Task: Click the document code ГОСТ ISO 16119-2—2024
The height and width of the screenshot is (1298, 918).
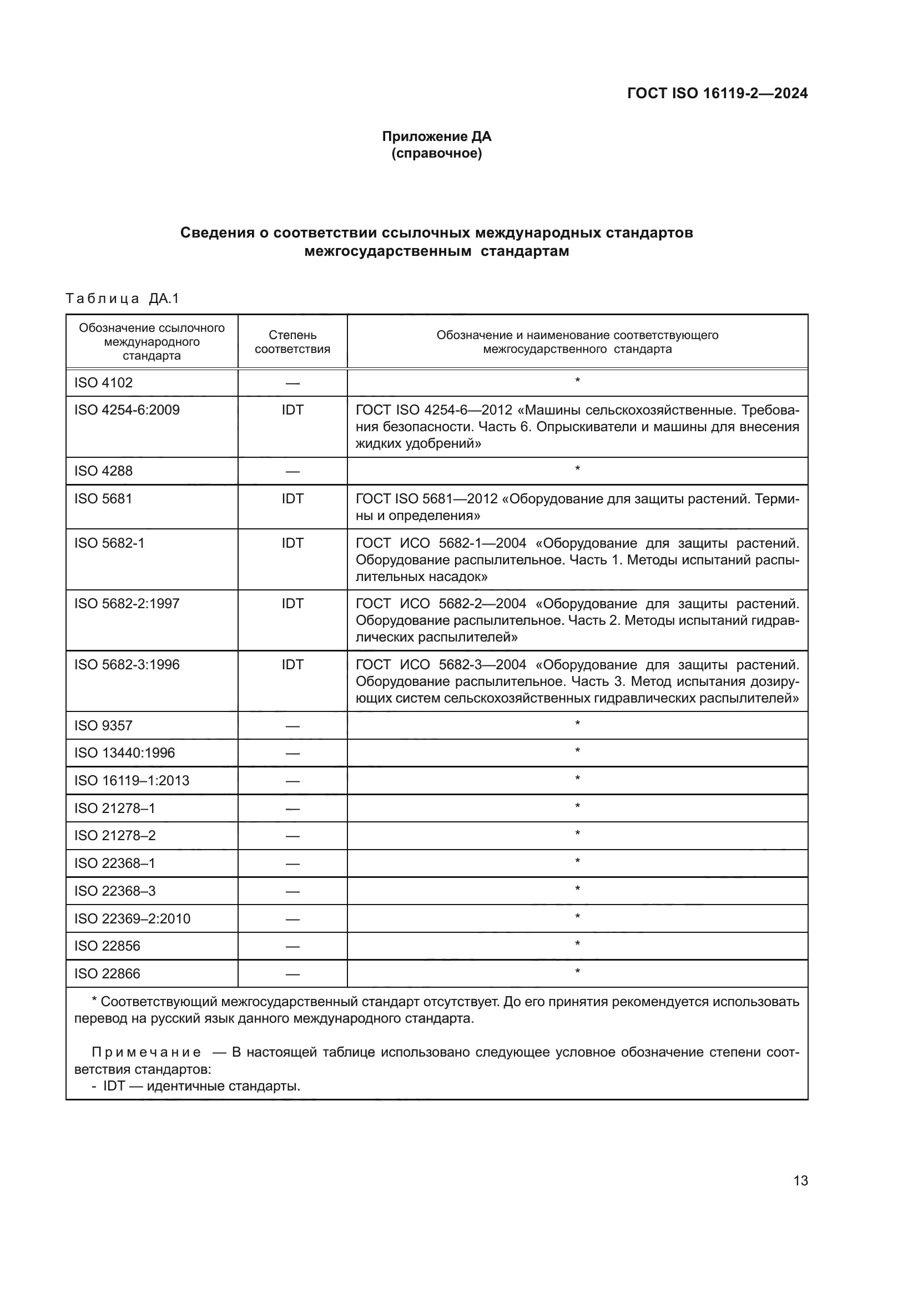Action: pyautogui.click(x=717, y=93)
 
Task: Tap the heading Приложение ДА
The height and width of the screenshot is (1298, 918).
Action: pyautogui.click(x=436, y=137)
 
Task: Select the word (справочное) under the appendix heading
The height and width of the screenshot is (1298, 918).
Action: pyautogui.click(x=436, y=153)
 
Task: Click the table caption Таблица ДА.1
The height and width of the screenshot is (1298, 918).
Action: pyautogui.click(x=122, y=299)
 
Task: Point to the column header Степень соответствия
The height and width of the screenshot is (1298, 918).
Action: pyautogui.click(x=292, y=341)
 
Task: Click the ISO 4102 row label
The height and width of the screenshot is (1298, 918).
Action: pyautogui.click(x=103, y=383)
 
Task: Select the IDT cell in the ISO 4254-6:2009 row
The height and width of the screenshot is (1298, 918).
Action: pyautogui.click(x=292, y=410)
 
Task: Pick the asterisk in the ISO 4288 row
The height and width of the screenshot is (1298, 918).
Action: pyautogui.click(x=577, y=469)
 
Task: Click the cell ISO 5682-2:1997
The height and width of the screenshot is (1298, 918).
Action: pyautogui.click(x=127, y=603)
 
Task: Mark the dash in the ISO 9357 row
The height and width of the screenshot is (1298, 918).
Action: pyautogui.click(x=292, y=726)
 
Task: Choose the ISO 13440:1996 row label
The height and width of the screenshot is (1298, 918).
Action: pyautogui.click(x=124, y=752)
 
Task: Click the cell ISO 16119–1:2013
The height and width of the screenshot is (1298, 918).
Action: pyautogui.click(x=131, y=780)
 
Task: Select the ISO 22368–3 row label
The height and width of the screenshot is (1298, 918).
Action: pyautogui.click(x=115, y=891)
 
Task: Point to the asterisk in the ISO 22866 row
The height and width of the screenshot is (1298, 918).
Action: pyautogui.click(x=577, y=972)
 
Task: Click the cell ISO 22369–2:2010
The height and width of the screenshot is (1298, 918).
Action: pyautogui.click(x=132, y=918)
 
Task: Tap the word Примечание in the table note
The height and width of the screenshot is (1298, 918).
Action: pyautogui.click(x=147, y=1052)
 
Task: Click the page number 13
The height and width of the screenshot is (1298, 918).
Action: pyautogui.click(x=800, y=1180)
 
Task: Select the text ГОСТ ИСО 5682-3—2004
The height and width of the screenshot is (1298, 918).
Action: pyautogui.click(x=441, y=664)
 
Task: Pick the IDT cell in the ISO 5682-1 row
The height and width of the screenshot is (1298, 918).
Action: pyautogui.click(x=292, y=543)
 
